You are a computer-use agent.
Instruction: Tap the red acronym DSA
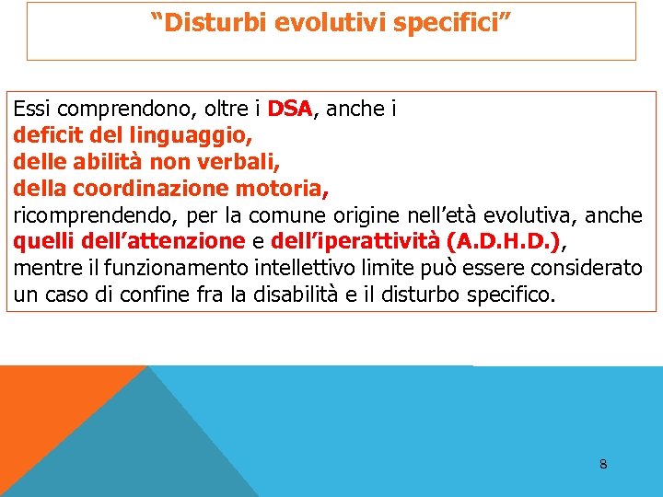[x=290, y=110]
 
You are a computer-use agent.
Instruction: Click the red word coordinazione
[x=151, y=190]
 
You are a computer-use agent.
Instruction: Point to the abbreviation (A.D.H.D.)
[x=502, y=242]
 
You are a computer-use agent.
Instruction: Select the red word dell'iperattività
[x=355, y=242]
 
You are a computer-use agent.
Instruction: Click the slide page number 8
[x=603, y=464]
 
